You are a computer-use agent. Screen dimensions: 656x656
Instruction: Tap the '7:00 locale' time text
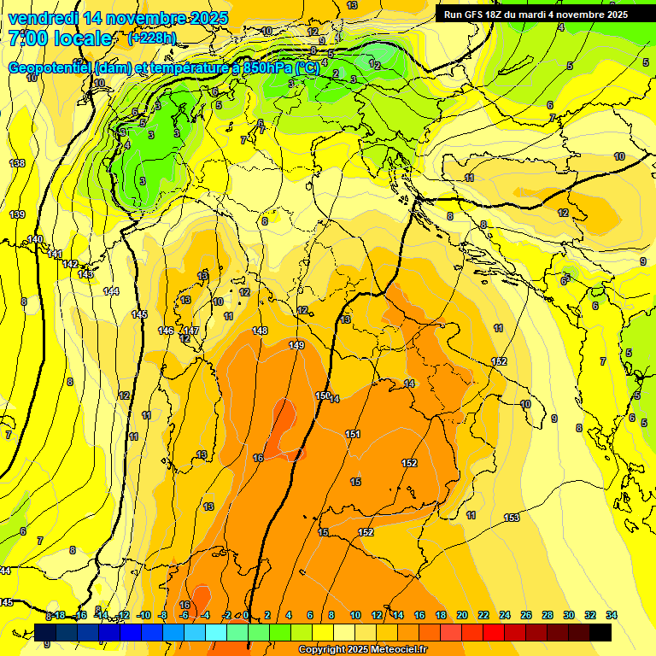coord(60,38)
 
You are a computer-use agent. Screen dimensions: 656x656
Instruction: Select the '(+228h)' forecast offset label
coord(152,38)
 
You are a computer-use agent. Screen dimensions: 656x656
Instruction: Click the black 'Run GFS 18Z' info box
coord(536,15)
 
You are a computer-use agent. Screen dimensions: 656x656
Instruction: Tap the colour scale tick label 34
coord(612,615)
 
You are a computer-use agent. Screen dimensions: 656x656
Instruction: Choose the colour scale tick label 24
coord(505,615)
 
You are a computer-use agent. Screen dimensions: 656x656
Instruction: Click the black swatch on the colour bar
coord(600,633)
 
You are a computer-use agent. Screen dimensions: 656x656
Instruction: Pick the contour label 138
coord(17,163)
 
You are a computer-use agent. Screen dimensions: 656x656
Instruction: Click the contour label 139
coord(17,214)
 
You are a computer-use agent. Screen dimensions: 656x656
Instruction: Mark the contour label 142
coord(71,264)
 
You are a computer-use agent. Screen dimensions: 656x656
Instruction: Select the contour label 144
coord(111,291)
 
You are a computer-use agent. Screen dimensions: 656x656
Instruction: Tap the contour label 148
coord(261,331)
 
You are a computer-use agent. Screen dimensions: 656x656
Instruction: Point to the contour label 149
coord(296,345)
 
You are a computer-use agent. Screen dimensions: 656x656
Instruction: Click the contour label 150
coord(323,395)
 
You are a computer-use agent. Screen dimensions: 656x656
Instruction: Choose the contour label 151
coord(353,435)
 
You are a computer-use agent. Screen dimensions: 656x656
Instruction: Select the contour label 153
coord(512,518)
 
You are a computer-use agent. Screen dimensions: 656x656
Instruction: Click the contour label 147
coord(191,331)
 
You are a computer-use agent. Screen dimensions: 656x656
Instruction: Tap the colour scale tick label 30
coord(569,615)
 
